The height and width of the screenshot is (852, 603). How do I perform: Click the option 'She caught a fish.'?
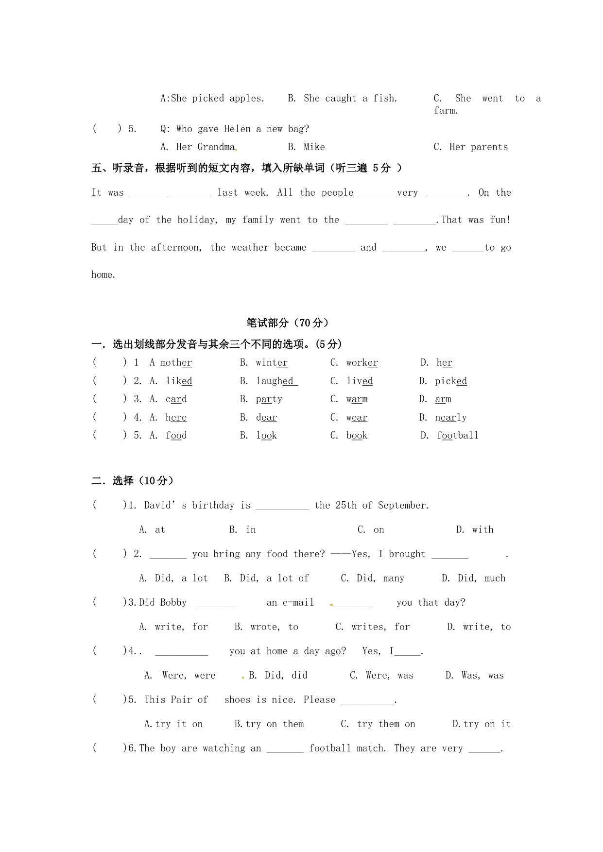[x=350, y=99]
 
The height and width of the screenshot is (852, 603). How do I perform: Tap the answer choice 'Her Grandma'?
[x=206, y=147]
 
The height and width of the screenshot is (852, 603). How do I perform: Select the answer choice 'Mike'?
[x=314, y=147]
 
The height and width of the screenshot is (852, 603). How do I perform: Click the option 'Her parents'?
[x=478, y=147]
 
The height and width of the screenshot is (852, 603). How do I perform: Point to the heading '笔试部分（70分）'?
[x=288, y=323]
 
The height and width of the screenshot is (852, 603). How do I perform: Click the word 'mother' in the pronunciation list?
[x=176, y=363]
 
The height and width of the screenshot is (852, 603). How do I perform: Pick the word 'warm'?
[x=357, y=399]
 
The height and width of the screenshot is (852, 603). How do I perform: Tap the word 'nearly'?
[x=450, y=418]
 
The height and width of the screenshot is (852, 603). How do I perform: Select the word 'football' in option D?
[x=457, y=436]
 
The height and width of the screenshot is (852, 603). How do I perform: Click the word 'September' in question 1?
[x=403, y=506]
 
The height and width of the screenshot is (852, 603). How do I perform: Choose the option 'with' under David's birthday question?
[x=482, y=530]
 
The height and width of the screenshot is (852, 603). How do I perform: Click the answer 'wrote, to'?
[x=274, y=627]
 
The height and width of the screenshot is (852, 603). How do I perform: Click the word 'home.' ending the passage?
[x=103, y=275]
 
